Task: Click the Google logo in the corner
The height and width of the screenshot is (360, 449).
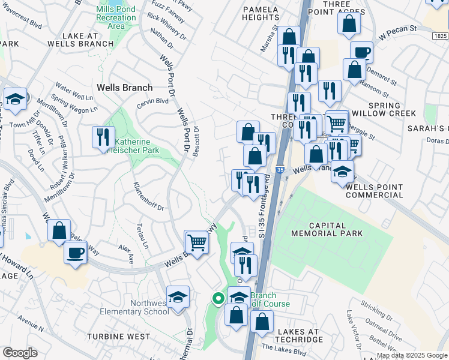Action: [x=20, y=353]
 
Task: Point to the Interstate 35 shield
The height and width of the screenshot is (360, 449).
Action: [x=280, y=170]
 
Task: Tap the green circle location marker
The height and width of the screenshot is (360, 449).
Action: [x=217, y=297]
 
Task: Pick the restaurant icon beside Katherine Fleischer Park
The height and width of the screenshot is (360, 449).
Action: [x=103, y=137]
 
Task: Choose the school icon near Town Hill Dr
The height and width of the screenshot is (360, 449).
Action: [x=15, y=98]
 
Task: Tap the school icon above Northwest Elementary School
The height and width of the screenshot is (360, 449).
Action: [x=178, y=296]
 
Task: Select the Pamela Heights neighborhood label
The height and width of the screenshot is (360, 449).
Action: [x=261, y=14]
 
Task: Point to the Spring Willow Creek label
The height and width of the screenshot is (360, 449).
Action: [x=393, y=109]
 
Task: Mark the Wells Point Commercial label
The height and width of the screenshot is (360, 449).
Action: [x=375, y=191]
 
